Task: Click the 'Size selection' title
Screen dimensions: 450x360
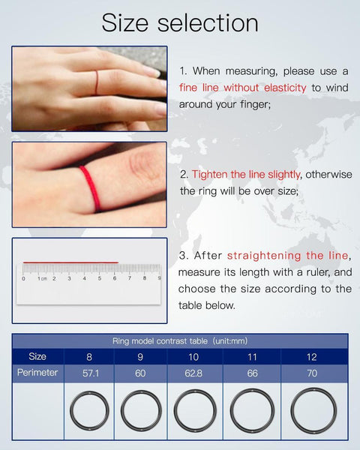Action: [180, 22]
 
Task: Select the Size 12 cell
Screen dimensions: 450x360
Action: [312, 356]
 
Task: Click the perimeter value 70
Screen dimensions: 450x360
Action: [312, 373]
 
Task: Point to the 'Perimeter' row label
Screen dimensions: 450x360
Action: [37, 373]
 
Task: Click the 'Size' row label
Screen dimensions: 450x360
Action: [37, 356]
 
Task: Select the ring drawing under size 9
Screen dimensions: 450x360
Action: [141, 411]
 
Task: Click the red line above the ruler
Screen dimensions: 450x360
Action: [70, 262]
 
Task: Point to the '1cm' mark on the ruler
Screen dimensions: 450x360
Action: [42, 279]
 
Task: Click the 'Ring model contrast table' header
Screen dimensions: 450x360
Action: [180, 340]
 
